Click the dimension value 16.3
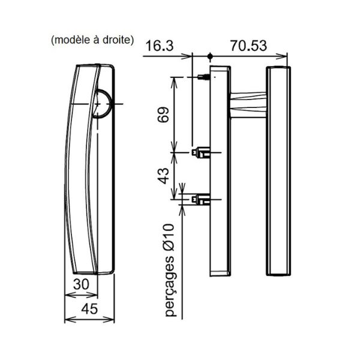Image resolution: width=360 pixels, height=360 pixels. click(160, 46)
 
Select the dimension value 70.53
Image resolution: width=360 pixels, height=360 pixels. click(248, 46)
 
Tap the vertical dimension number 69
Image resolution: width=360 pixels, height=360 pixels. click(163, 115)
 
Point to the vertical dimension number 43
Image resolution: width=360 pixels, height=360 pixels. click(163, 176)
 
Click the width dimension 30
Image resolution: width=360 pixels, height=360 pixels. click(81, 284)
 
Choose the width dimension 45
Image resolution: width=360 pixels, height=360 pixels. click(89, 309)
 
